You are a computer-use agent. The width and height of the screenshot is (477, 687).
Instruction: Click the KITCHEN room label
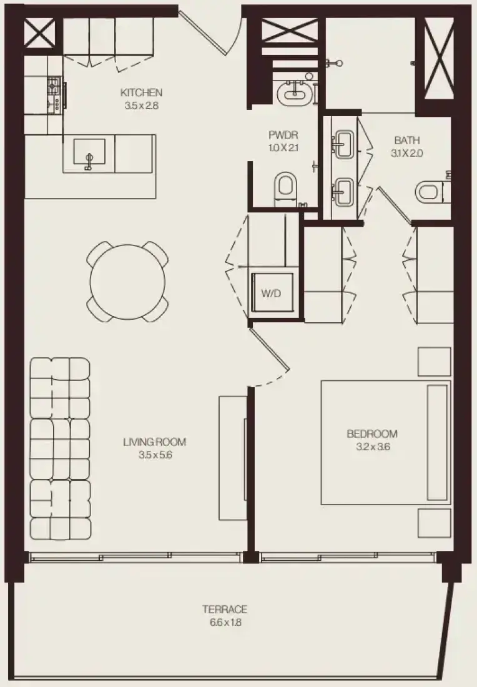point(141,92)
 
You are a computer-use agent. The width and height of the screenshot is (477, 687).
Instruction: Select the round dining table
point(127,282)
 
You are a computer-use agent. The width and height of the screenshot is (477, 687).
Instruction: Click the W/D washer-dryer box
point(271,293)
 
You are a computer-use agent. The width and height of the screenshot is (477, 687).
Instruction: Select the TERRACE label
point(225,609)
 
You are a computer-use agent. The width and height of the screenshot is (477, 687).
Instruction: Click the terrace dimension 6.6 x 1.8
point(225,622)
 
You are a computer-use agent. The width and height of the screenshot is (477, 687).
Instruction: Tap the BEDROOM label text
point(372,434)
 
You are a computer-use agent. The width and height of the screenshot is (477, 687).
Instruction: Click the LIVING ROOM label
point(155,442)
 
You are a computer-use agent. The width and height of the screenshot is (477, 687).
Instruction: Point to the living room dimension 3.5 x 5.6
point(155,455)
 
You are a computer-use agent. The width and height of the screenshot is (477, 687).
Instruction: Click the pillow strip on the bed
point(437,443)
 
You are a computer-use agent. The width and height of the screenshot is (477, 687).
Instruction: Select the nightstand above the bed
point(434,362)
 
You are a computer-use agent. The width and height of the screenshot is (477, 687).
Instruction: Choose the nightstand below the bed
point(434,523)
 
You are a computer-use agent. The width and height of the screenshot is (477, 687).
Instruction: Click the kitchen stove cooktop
point(54,95)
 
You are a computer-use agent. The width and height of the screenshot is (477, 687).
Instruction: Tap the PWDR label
point(283,135)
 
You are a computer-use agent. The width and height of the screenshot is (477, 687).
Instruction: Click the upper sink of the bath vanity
point(343,143)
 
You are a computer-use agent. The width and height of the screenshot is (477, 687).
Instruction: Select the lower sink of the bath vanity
point(343,192)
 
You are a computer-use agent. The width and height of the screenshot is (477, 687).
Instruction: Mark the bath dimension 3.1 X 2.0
point(407,154)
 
